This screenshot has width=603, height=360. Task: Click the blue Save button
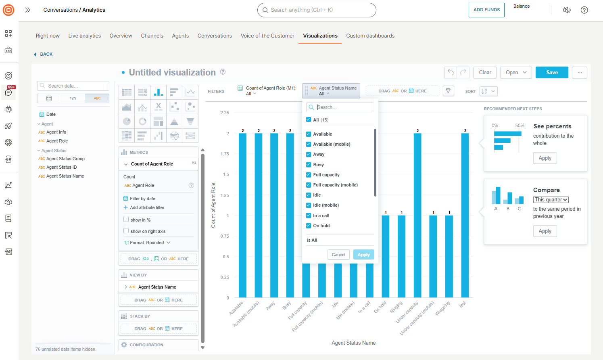pyautogui.click(x=552, y=73)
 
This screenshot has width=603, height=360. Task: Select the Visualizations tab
pyautogui.click(x=320, y=36)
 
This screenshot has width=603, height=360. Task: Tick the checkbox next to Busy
pyautogui.click(x=309, y=165)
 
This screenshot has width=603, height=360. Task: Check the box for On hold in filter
pyautogui.click(x=309, y=226)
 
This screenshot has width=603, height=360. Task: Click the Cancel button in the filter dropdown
pyautogui.click(x=338, y=255)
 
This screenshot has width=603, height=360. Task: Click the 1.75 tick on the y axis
pyautogui.click(x=225, y=154)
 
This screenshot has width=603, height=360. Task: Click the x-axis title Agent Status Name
pyautogui.click(x=353, y=343)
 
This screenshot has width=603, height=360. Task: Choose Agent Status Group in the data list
pyautogui.click(x=65, y=159)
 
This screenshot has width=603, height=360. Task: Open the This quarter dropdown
pyautogui.click(x=551, y=200)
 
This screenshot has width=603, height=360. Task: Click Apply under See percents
pyautogui.click(x=545, y=158)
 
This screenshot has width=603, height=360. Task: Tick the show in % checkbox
pyautogui.click(x=126, y=220)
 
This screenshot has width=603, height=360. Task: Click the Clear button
pyautogui.click(x=485, y=73)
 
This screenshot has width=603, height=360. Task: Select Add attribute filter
pyautogui.click(x=147, y=207)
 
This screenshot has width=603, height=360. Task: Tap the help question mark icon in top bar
pyautogui.click(x=584, y=10)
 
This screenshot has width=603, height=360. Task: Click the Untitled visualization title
pyautogui.click(x=172, y=73)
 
